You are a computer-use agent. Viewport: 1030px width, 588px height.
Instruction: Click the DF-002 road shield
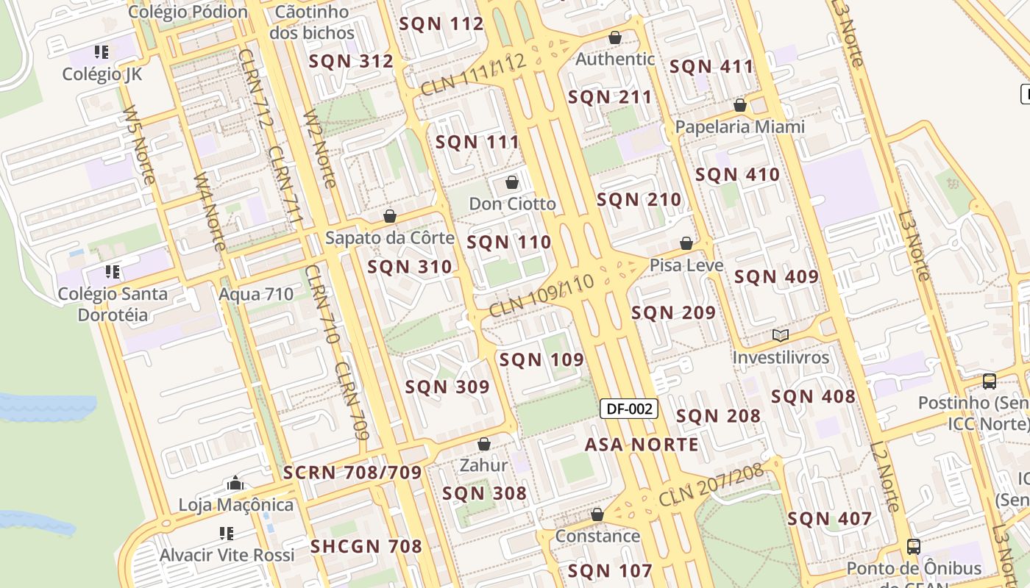pyautogui.click(x=628, y=409)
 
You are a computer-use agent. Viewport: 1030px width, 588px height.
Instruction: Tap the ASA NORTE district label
pyautogui.click(x=642, y=445)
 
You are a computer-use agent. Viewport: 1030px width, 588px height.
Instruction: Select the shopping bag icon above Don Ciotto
pyautogui.click(x=512, y=182)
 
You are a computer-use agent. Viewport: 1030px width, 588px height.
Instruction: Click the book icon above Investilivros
pyautogui.click(x=781, y=336)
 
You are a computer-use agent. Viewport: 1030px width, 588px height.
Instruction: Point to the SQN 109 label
pyautogui.click(x=541, y=360)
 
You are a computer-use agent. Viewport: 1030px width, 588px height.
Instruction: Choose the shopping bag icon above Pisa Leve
pyautogui.click(x=686, y=243)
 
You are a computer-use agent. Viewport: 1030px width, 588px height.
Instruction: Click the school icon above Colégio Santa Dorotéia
pyautogui.click(x=113, y=272)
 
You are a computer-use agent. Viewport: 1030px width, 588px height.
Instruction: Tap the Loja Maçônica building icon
pyautogui.click(x=235, y=483)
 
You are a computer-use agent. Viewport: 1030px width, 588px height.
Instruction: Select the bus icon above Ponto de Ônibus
pyautogui.click(x=914, y=547)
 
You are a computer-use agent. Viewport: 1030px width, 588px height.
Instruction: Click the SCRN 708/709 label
pyautogui.click(x=352, y=473)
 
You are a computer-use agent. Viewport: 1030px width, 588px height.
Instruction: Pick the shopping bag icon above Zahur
pyautogui.click(x=484, y=444)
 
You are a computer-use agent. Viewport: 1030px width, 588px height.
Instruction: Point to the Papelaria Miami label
pyautogui.click(x=740, y=127)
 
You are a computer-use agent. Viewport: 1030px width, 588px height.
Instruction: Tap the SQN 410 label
pyautogui.click(x=737, y=175)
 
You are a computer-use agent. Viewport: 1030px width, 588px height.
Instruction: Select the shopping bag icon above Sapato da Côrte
pyautogui.click(x=390, y=216)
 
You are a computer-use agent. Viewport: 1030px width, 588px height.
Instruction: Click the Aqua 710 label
pyautogui.click(x=256, y=295)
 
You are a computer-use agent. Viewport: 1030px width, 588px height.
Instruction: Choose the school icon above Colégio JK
pyautogui.click(x=102, y=52)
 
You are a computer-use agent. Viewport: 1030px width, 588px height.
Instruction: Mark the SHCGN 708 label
pyautogui.click(x=366, y=547)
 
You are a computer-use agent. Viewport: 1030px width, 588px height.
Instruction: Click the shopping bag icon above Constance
pyautogui.click(x=597, y=514)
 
